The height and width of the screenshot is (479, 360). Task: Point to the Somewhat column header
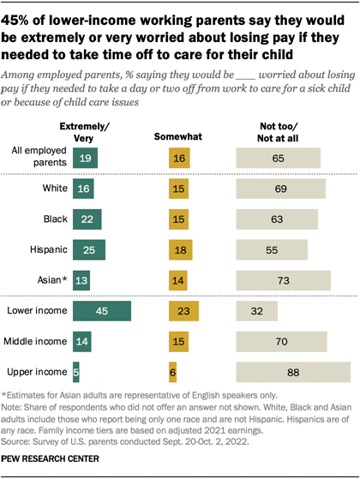click(x=175, y=135)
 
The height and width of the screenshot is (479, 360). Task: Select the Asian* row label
click(x=51, y=278)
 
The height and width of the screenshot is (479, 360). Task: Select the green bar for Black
click(x=87, y=219)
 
